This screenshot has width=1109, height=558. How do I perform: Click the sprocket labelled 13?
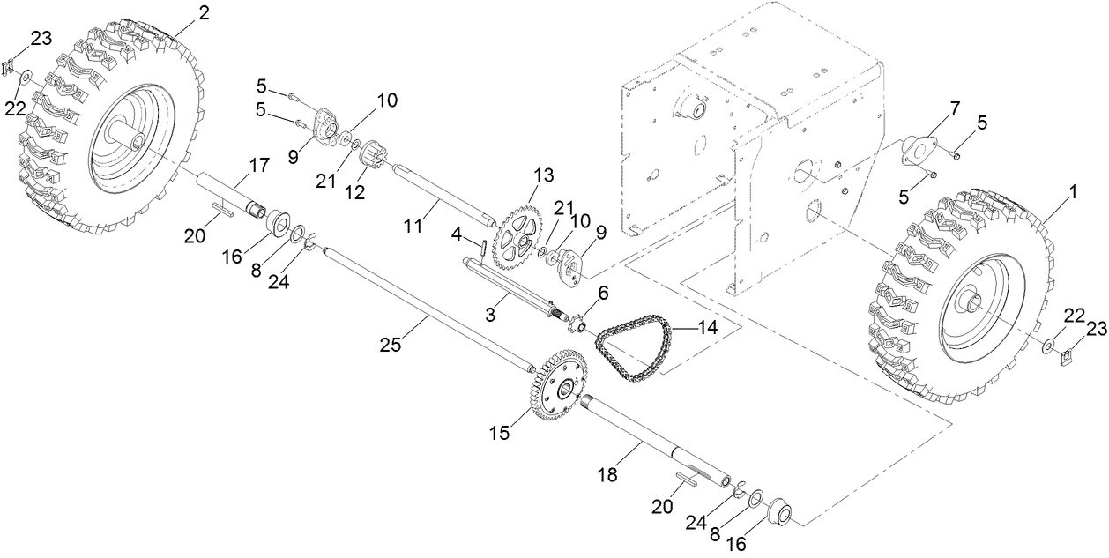(517, 239)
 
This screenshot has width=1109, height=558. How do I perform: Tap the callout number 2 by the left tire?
(204, 12)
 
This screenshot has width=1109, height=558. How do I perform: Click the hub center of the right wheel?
(974, 305)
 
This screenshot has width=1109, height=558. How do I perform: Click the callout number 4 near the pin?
(458, 234)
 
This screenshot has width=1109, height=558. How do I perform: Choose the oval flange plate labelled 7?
(919, 146)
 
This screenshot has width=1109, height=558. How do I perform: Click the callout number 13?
(543, 175)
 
